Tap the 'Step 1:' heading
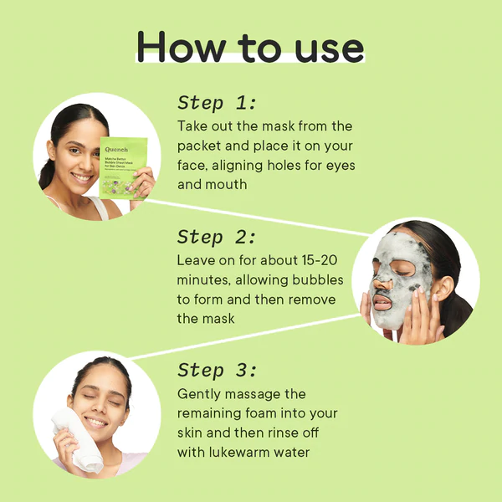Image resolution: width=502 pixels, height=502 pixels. [x=218, y=103]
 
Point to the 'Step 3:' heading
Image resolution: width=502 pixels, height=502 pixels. [x=218, y=371]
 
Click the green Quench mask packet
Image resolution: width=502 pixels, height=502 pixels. [x=123, y=167]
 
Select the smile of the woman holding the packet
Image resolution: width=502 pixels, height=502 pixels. [x=83, y=178]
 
